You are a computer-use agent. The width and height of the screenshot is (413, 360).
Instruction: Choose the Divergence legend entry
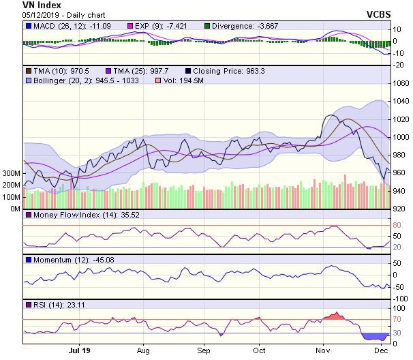pos(258,27)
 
